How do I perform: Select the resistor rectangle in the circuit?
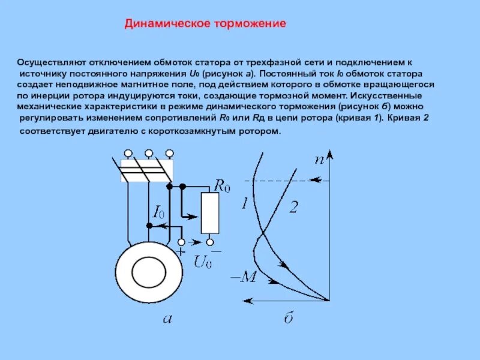click(210, 213)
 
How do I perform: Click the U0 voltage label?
click(203, 262)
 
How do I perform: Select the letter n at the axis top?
click(319, 159)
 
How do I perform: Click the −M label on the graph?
click(244, 277)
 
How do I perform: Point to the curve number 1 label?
click(244, 203)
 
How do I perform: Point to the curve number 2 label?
click(293, 208)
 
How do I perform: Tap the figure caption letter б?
click(289, 319)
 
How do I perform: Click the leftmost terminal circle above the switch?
click(127, 154)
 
